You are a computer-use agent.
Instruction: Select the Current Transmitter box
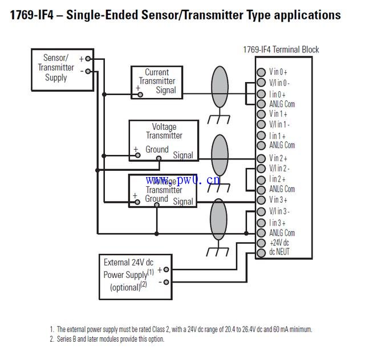coord(157,82)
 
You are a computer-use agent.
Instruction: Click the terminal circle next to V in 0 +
coord(261,72)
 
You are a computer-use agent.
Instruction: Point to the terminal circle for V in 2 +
coord(261,158)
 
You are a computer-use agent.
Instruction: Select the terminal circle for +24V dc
coord(261,243)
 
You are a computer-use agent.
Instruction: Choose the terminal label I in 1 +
coord(278,136)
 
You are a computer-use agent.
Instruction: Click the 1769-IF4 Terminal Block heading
coord(281,50)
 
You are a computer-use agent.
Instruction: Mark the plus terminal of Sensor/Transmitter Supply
coord(88,59)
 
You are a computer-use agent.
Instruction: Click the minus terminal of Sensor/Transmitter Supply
coord(88,71)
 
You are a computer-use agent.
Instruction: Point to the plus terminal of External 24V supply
coord(166,269)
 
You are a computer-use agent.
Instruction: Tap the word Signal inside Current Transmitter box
coord(166,90)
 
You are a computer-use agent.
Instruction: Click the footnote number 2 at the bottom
coord(51,339)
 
